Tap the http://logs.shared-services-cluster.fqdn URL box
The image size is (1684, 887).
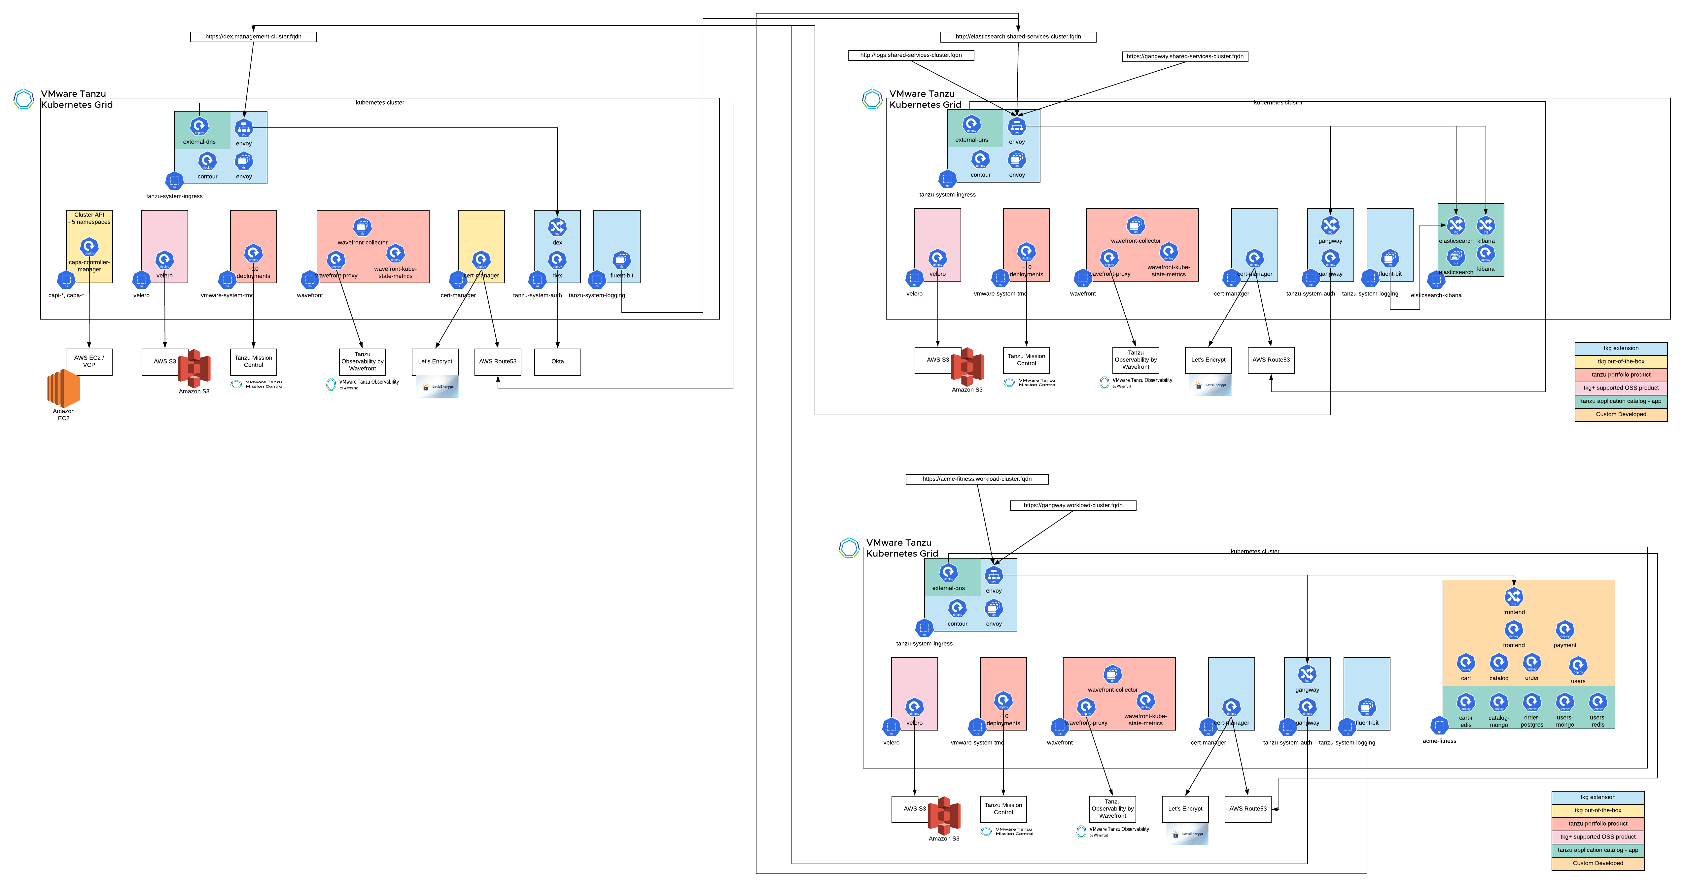tap(911, 55)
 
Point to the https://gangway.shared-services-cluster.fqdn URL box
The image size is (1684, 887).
tap(1184, 56)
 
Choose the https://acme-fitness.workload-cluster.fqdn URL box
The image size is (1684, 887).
tap(977, 479)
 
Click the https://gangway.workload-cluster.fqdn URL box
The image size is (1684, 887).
tap(1073, 505)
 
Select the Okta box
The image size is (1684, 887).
tap(557, 361)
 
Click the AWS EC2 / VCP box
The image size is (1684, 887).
tap(89, 361)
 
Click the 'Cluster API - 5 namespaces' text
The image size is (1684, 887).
tap(89, 218)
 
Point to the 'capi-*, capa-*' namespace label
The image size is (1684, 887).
tap(66, 295)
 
